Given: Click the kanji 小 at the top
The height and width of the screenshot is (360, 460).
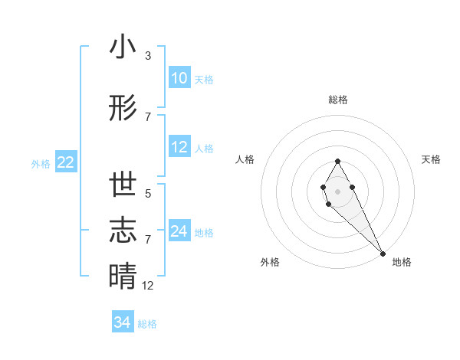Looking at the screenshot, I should (123, 47).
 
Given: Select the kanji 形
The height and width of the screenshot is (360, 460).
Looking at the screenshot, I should (123, 109).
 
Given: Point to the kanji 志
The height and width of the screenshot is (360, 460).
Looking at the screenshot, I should (123, 230).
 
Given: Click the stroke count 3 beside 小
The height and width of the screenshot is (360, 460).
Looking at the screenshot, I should (148, 56).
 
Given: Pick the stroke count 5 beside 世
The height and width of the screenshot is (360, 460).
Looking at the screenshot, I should (148, 194).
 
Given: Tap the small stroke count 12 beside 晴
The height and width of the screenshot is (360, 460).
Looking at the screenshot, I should (149, 286).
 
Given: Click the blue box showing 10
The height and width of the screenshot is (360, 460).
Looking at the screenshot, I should (179, 78).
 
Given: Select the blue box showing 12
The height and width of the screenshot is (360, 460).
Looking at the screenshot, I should (179, 148).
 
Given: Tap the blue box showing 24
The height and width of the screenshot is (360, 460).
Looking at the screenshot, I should (179, 231).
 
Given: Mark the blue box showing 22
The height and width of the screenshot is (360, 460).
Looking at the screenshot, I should (65, 162).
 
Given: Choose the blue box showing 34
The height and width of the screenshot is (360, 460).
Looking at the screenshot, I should (122, 322).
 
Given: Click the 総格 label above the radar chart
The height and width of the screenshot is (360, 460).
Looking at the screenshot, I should (338, 100).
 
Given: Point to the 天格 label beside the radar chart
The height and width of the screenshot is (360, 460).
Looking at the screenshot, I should (432, 159).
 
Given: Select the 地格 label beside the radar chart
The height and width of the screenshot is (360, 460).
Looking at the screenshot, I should (402, 262).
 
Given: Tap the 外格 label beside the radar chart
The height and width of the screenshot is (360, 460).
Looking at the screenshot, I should (270, 262).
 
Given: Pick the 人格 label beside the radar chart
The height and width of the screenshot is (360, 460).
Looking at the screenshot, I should (245, 159).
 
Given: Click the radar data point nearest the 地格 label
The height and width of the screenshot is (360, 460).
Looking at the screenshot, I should (383, 252).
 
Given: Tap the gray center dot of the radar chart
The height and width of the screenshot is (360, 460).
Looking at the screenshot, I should (338, 190).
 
